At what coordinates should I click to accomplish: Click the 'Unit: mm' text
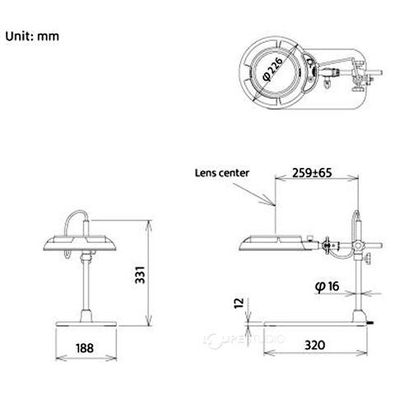tap(32, 36)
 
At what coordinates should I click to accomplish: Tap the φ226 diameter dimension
tap(272, 69)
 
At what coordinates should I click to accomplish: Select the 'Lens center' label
tap(222, 173)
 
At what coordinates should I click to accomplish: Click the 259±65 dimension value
tap(312, 173)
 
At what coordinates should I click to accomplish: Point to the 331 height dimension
tap(140, 275)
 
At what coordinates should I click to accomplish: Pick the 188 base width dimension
tap(85, 348)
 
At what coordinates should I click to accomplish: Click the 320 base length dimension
tap(314, 345)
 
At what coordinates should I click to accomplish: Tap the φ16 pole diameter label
tap(327, 286)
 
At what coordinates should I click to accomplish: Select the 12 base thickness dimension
tap(239, 303)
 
